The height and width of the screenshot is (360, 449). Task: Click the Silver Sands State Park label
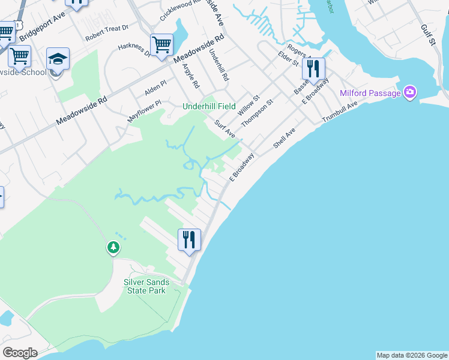tap(146, 286)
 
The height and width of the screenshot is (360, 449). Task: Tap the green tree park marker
tap(113, 247)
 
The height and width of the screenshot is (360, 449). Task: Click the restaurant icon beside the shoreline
tap(189, 239)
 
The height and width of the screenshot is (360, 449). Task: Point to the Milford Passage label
tap(370, 93)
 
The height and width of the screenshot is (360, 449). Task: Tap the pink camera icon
tap(410, 92)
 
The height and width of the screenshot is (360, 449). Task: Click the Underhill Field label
tap(209, 106)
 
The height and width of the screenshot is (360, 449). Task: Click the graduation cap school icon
tap(58, 59)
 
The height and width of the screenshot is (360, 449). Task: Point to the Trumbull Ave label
tap(339, 112)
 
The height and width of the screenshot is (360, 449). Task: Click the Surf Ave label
tap(225, 128)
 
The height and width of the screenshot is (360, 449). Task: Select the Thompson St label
tap(257, 113)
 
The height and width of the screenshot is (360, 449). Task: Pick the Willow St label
tap(247, 106)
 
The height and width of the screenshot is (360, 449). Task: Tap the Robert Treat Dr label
tap(107, 32)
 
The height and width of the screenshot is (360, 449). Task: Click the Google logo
tap(20, 353)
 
